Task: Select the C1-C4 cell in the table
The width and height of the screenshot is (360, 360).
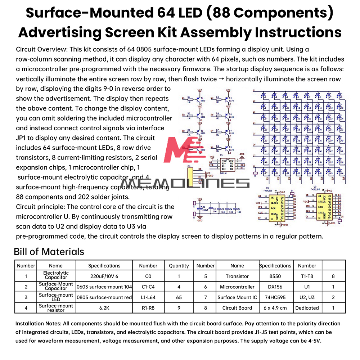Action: click(x=148, y=287)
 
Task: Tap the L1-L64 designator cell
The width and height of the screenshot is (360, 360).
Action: click(x=148, y=297)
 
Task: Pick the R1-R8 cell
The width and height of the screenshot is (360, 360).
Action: click(x=148, y=308)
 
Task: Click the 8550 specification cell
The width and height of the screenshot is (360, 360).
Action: click(x=275, y=276)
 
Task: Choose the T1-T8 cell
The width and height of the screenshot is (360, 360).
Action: click(x=307, y=276)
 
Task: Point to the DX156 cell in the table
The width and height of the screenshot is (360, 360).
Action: click(x=275, y=287)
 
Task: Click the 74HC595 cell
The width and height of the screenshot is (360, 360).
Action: click(x=275, y=297)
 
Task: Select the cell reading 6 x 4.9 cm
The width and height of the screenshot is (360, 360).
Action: click(x=275, y=308)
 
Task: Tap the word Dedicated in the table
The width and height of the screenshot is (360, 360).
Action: click(x=307, y=308)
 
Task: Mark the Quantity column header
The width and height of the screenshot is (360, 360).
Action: click(x=179, y=266)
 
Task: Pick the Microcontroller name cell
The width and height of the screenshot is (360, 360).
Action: click(x=237, y=287)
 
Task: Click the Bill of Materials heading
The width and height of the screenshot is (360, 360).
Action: click(x=49, y=251)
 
